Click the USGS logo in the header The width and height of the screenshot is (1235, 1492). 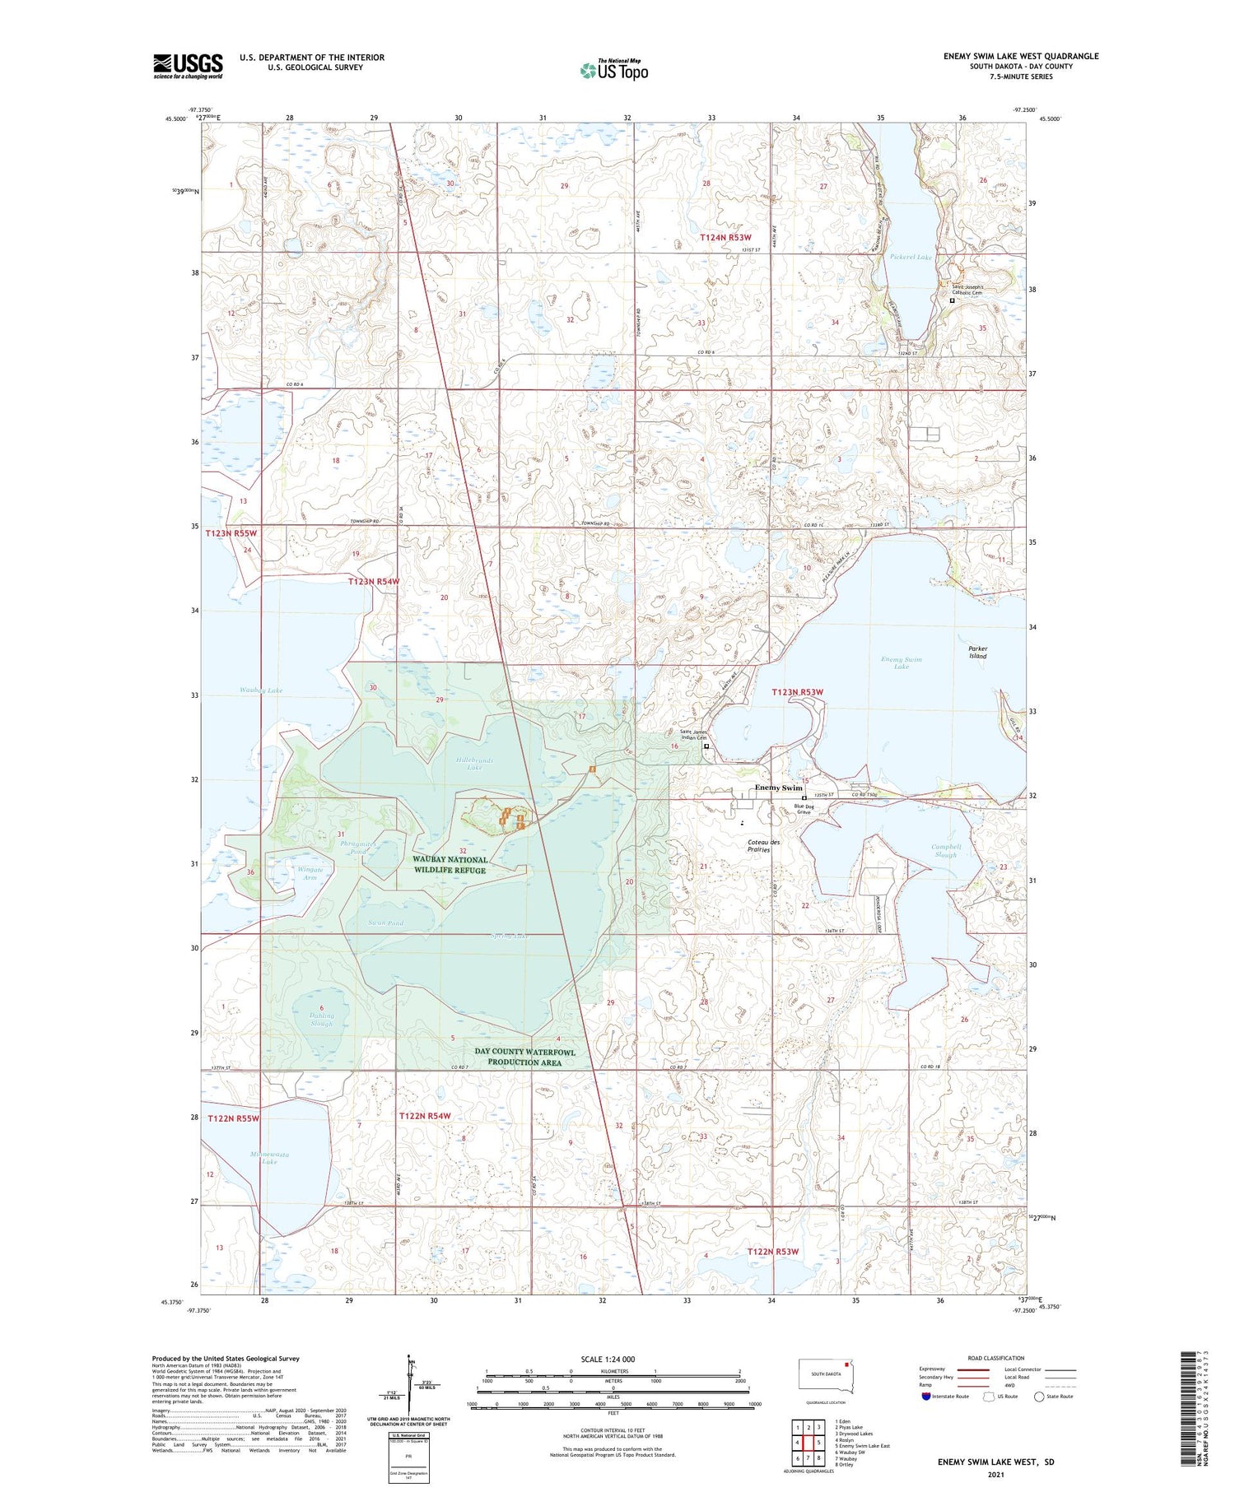(188, 66)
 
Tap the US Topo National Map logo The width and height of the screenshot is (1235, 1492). (614, 70)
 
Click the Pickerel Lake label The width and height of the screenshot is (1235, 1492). (911, 258)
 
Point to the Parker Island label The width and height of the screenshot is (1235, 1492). (977, 652)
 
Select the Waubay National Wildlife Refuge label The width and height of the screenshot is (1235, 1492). (450, 864)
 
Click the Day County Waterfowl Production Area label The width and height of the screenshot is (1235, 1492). (524, 1057)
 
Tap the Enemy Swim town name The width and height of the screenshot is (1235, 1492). (778, 788)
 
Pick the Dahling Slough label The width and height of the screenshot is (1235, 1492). (321, 1019)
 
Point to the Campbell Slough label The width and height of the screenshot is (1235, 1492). (946, 850)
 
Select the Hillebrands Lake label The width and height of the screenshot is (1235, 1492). (474, 764)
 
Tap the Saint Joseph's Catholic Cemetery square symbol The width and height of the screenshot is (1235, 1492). (953, 301)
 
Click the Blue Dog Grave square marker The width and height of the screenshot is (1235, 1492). (804, 797)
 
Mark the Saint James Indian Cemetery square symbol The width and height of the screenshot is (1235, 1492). (706, 746)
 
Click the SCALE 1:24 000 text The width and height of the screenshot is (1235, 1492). (608, 1359)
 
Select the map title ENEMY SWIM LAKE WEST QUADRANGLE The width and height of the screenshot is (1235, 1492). (1020, 56)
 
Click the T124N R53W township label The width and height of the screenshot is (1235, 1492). (725, 238)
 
